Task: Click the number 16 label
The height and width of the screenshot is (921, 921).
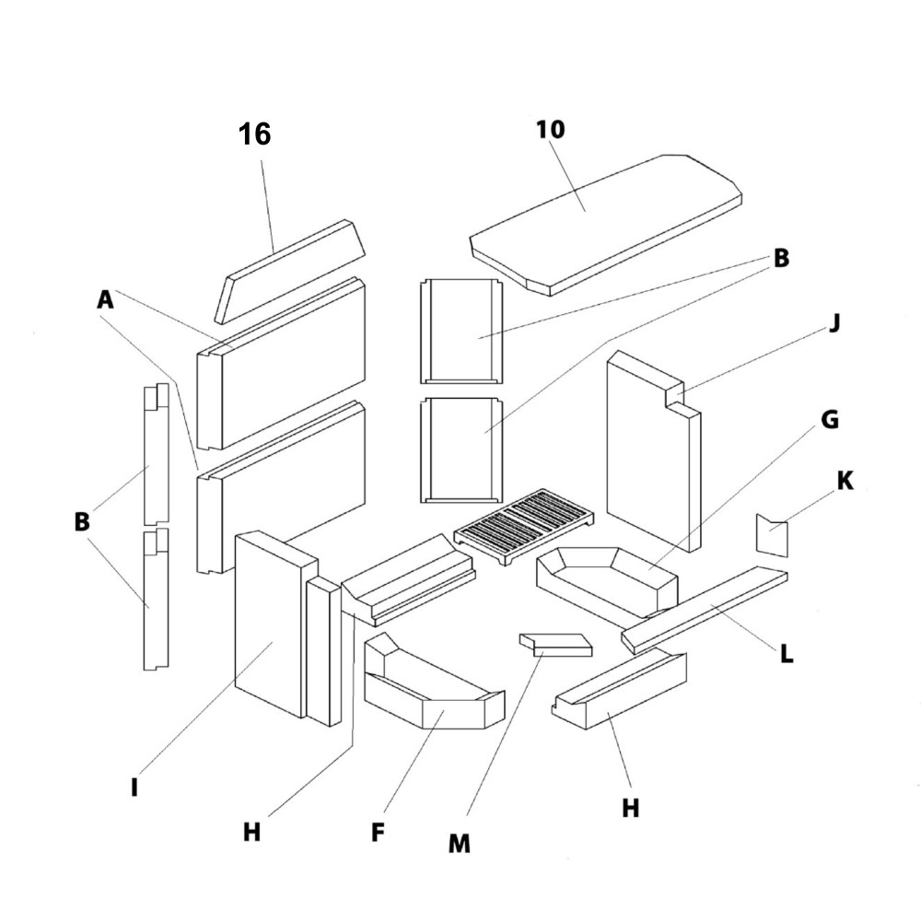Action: [255, 134]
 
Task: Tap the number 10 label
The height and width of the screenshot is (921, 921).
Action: [550, 129]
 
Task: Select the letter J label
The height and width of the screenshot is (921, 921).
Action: [834, 324]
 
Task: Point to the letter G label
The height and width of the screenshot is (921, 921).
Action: [829, 420]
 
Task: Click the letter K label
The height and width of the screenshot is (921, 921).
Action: [845, 480]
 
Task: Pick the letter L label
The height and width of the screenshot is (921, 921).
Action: [786, 655]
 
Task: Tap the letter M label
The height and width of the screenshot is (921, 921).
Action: [459, 843]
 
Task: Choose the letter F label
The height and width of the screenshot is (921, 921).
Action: [378, 833]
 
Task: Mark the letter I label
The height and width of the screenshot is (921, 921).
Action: [134, 788]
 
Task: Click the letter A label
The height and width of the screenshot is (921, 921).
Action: [105, 299]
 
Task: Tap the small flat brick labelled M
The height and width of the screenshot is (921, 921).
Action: [555, 645]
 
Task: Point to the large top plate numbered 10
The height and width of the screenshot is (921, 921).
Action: [608, 221]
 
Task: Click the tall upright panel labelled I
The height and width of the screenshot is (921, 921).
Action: [270, 626]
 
